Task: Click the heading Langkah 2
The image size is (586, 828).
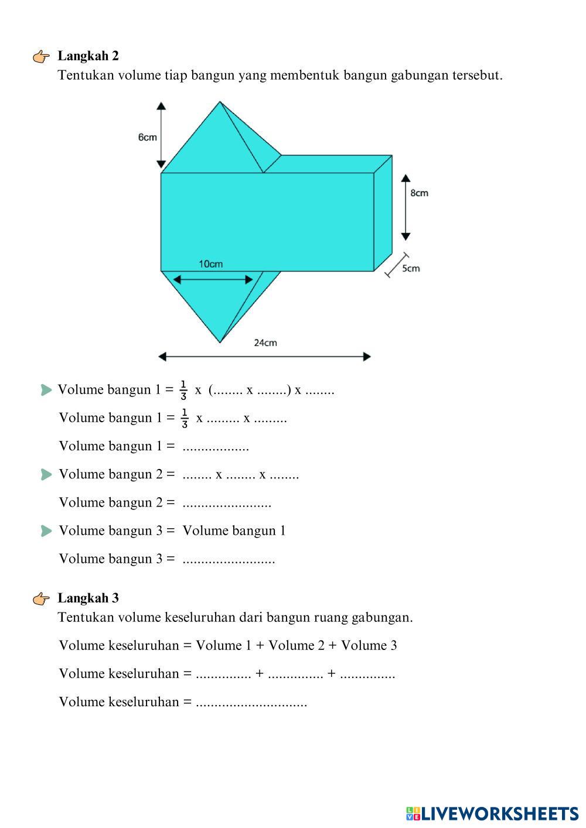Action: [88, 56]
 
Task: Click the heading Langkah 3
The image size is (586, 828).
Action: [88, 598]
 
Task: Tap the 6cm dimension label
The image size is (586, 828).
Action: [147, 137]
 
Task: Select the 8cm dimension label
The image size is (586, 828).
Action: [419, 193]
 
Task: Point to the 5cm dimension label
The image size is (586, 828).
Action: [411, 268]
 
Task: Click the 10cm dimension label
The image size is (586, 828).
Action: [210, 264]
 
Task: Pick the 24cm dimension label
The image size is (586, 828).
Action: [265, 343]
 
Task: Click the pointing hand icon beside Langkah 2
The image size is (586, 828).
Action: [42, 57]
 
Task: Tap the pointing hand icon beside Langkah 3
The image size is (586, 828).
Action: [42, 599]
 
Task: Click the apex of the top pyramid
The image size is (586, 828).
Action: [220, 102]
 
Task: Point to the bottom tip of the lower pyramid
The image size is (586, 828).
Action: [220, 342]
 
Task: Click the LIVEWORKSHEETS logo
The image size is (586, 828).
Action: [492, 813]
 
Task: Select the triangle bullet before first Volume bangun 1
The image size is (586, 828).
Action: [47, 390]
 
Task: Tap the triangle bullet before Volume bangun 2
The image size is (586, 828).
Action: [47, 474]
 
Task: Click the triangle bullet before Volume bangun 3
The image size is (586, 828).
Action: [47, 531]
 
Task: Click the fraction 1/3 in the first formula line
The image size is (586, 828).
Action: [183, 390]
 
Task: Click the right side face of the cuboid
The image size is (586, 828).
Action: [383, 214]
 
